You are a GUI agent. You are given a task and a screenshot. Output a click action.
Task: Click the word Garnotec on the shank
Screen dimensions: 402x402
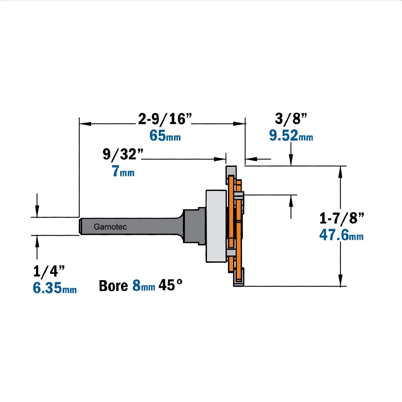coord(110,227)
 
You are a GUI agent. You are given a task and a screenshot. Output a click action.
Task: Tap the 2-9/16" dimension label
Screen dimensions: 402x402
coord(165,119)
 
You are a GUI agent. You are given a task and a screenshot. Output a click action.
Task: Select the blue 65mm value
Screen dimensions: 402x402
coord(165,135)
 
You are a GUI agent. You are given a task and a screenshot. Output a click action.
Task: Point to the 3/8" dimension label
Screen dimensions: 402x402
coord(291,119)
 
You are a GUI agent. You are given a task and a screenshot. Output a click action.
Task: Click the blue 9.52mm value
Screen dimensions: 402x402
coord(291,135)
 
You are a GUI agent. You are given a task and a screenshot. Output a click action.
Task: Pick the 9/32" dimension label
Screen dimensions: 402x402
coord(123,154)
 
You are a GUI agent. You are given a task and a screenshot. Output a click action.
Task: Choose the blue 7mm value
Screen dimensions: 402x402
coord(123,171)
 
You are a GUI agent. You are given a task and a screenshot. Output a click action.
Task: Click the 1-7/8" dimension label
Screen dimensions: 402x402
coord(341,218)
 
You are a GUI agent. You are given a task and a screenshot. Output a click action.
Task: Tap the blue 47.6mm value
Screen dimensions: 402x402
coord(341,235)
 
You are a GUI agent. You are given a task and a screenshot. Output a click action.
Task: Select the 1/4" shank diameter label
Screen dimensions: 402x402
coord(49,271)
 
